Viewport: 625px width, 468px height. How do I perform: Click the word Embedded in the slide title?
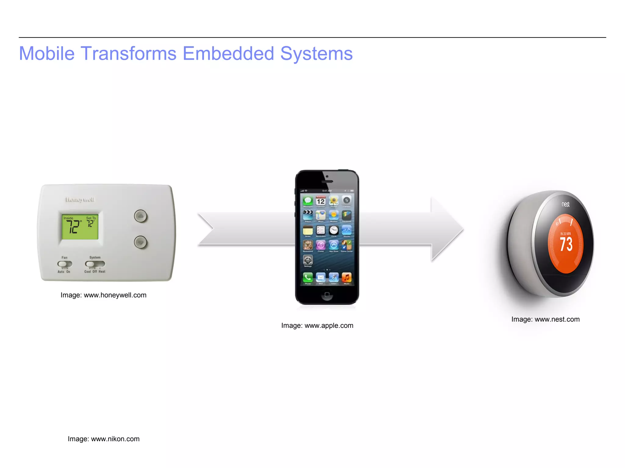tap(228, 54)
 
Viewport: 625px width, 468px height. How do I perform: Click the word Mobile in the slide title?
tap(47, 54)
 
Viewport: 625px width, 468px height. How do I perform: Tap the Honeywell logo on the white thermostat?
tap(80, 200)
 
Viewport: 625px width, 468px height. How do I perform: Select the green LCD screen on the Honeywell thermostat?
tap(80, 226)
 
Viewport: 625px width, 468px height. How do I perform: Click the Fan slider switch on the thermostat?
tap(65, 264)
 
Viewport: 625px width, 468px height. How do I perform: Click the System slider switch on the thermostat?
tap(95, 264)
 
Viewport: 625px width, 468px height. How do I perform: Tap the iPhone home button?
tap(327, 295)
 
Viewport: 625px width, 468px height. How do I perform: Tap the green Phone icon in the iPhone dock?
tap(308, 278)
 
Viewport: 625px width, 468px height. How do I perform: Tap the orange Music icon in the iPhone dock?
tap(347, 278)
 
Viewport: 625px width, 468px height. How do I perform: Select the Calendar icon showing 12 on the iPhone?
tap(320, 201)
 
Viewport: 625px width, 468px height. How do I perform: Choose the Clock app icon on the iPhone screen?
tap(334, 230)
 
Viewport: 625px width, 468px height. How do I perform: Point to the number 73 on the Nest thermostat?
tap(566, 244)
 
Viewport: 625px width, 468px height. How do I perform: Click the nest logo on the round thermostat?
tap(565, 204)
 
